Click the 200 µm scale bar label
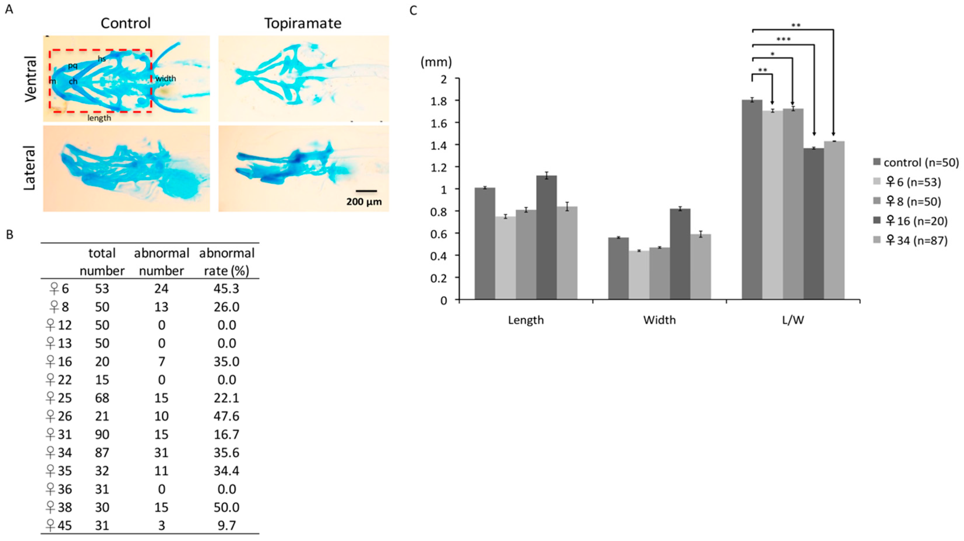coord(364,202)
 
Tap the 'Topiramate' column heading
coord(303,24)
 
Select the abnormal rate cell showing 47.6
coord(226,416)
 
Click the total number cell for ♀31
coord(102,434)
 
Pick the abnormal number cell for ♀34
coord(161,453)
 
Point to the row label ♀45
coord(58,526)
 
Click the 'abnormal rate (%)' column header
coord(226,261)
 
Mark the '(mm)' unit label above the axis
coord(436,62)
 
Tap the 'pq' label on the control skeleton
coord(73,66)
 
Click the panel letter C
coord(413,10)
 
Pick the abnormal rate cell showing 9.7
coord(226,526)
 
